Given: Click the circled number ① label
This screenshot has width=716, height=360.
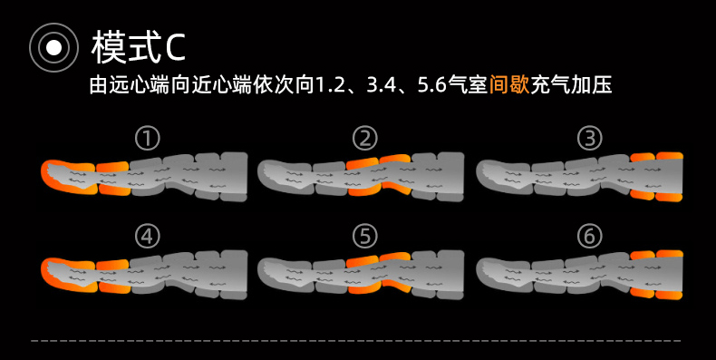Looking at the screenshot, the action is pos(148,139).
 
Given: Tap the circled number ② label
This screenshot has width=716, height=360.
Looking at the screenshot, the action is pos(365,139).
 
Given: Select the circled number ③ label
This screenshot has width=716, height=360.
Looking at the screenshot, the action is pos(589,139).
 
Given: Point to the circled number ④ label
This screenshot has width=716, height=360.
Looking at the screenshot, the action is pos(148,236).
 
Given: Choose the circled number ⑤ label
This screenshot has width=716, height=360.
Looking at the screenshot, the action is pos(365,236).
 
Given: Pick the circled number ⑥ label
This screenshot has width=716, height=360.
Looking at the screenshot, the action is pos(589,236).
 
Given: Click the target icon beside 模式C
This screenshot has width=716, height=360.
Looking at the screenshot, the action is pos(53,47).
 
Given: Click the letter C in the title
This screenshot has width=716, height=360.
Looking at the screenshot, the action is pos(175,47).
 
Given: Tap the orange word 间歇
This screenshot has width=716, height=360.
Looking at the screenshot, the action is pos(509,85).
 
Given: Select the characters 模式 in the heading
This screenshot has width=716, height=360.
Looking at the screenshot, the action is pos(127,47).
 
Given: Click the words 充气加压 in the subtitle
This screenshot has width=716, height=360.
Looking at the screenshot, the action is pos(571,85).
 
